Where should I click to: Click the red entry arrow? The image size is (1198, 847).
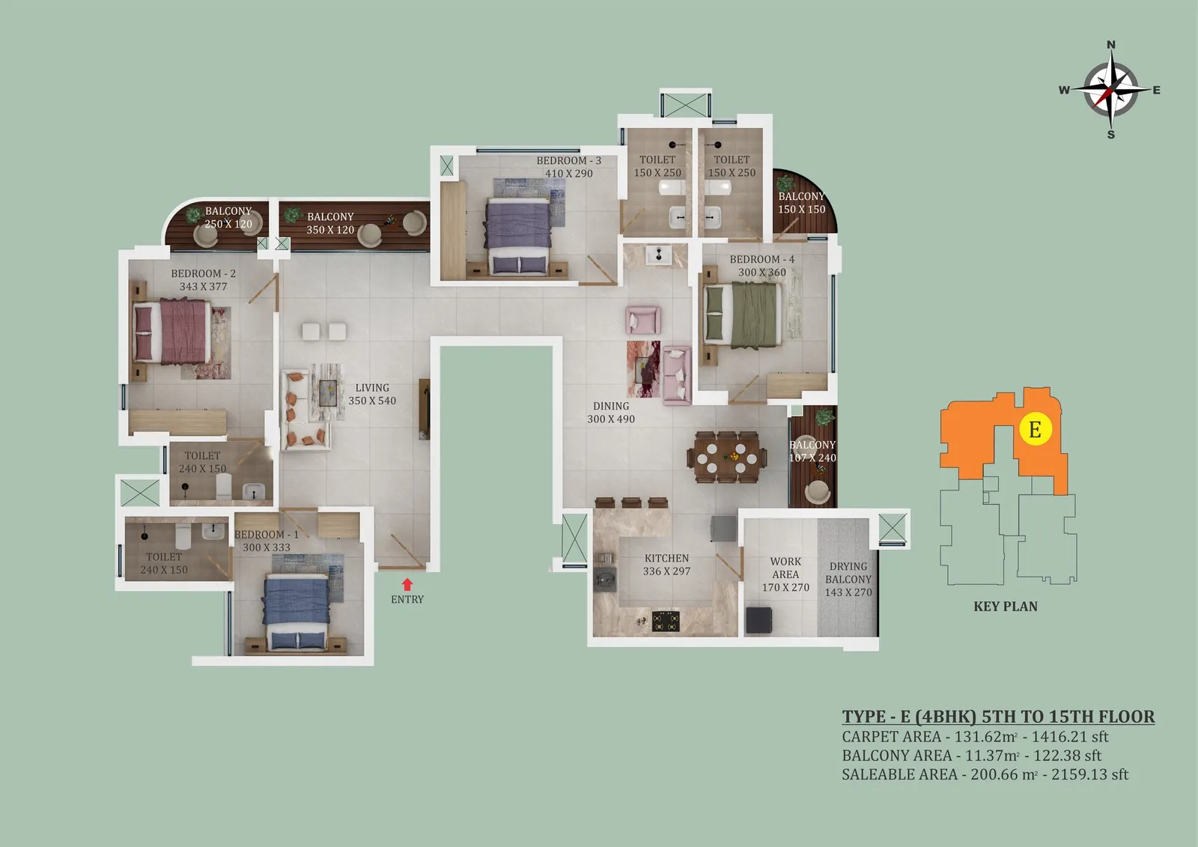coord(407,583)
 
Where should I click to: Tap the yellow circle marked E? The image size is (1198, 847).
coord(1036,429)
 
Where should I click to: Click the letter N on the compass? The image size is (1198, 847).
coord(1111,45)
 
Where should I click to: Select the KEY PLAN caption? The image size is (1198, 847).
coord(1006,606)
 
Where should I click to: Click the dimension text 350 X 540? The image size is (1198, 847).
coord(372,401)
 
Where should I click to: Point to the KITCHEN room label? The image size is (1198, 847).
coord(666,558)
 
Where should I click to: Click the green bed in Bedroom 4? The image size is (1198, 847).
coord(741,315)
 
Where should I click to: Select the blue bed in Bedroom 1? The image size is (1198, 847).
coord(295,612)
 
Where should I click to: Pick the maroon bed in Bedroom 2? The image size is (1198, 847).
coord(171,332)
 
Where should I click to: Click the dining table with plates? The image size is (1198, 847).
coord(727,458)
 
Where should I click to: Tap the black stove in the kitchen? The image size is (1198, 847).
coord(666,621)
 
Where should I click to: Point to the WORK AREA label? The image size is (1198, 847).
coord(785,568)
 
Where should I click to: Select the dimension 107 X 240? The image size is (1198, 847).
coord(812,458)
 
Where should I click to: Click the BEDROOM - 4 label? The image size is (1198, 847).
coord(762,260)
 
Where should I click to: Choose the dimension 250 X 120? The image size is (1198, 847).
coord(228,224)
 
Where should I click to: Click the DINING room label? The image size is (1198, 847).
coord(611,406)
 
